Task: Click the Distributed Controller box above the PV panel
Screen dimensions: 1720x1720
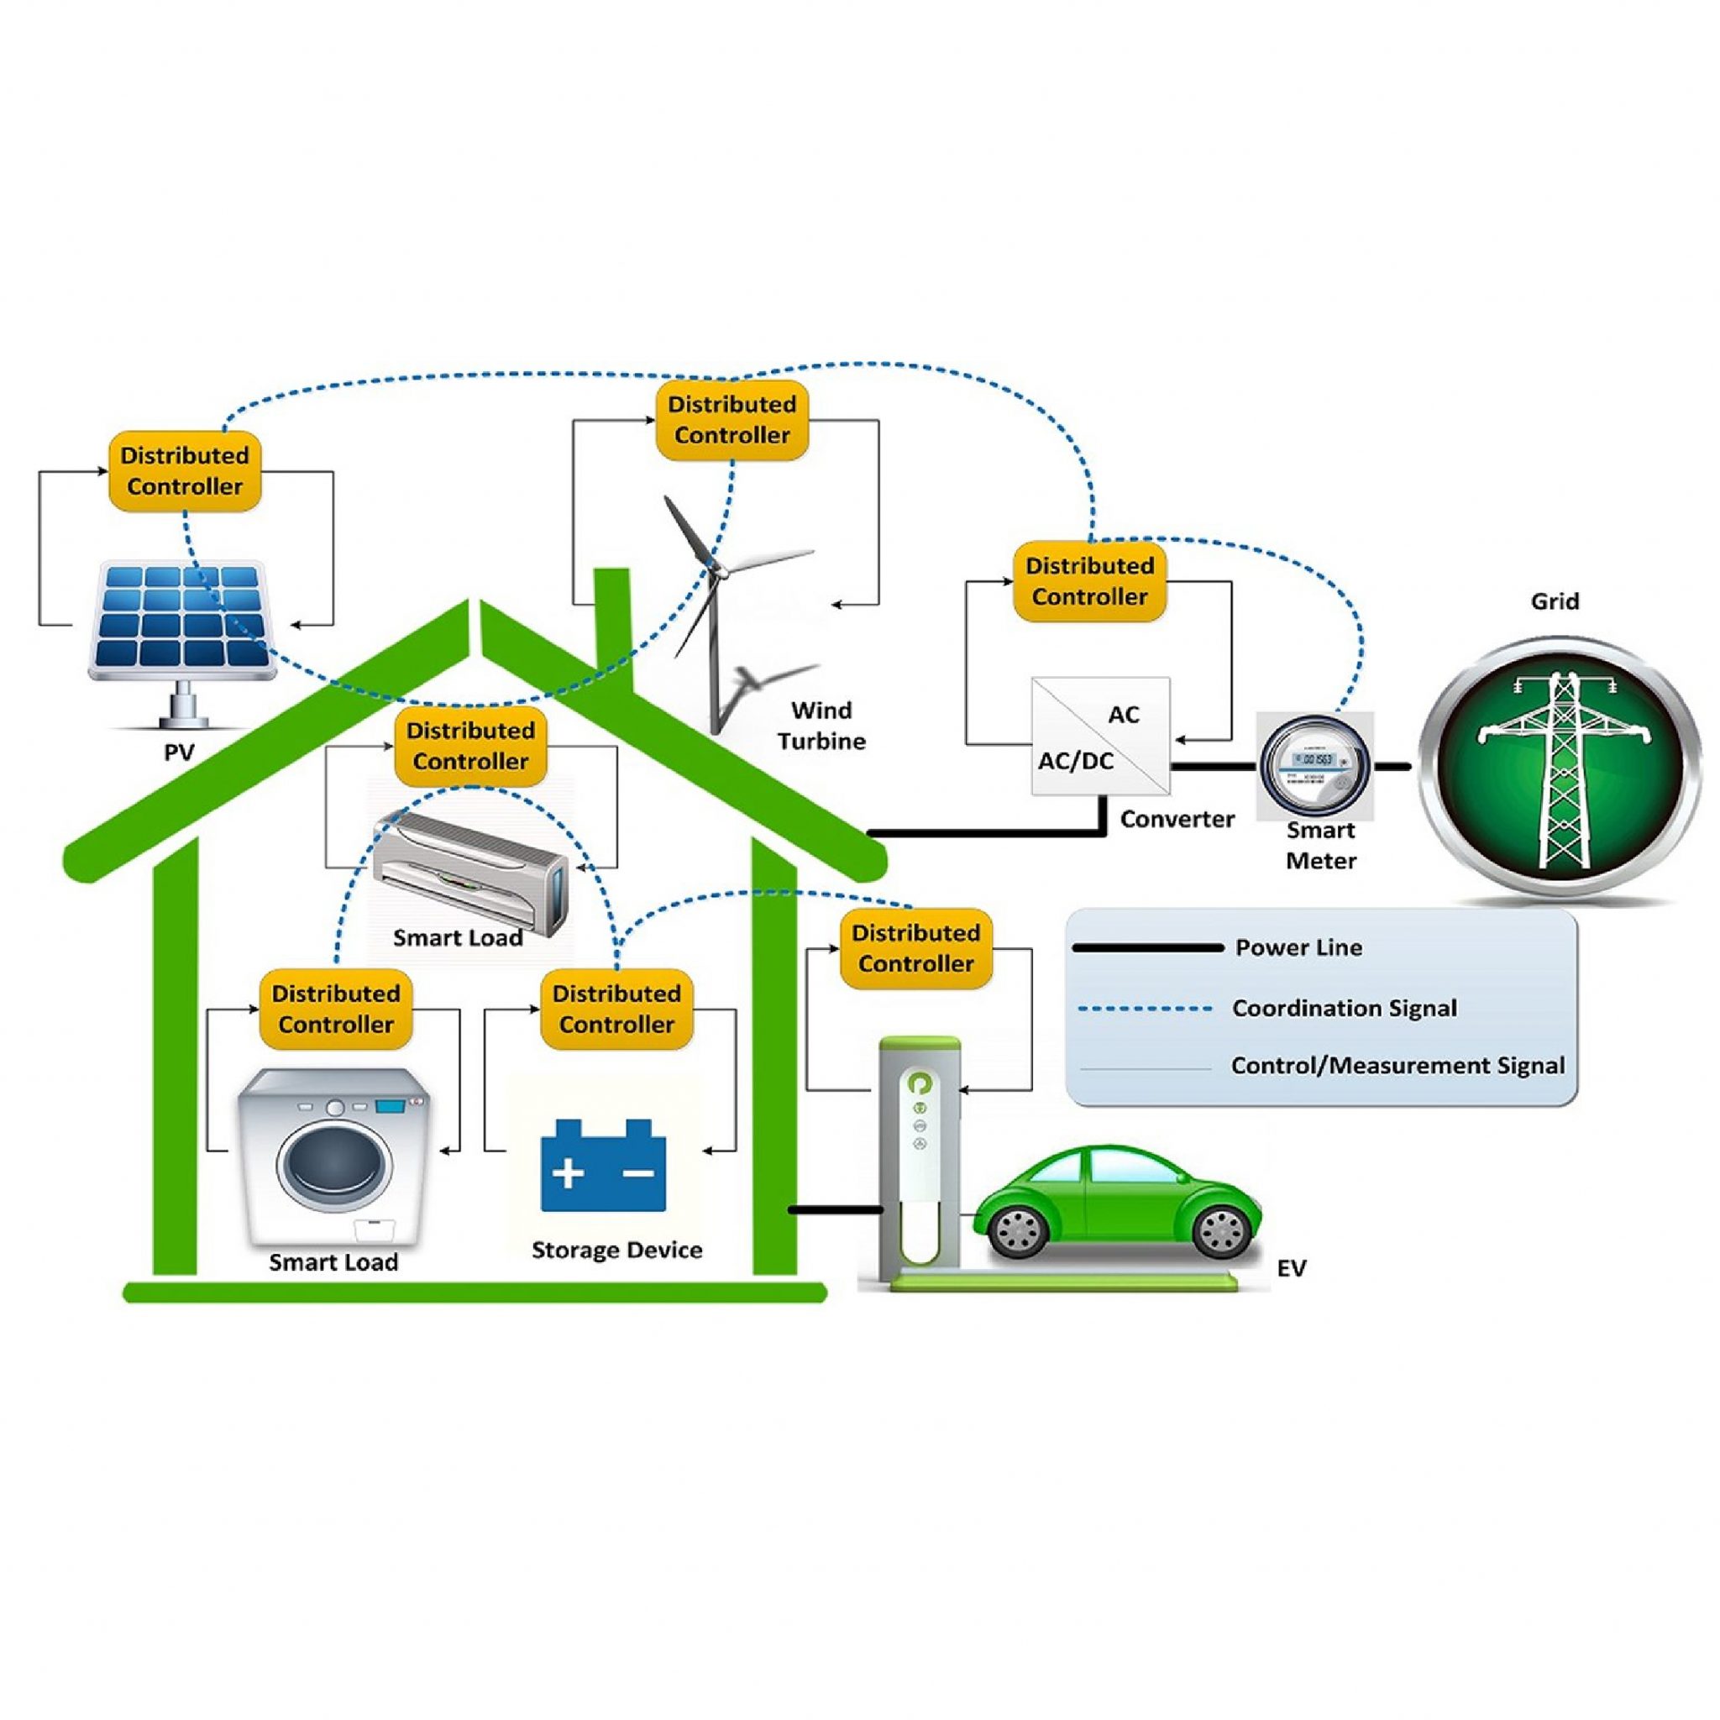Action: click(x=185, y=471)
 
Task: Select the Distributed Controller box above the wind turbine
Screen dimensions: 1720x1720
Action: click(x=732, y=420)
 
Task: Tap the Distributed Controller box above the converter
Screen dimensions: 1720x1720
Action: click(x=1089, y=581)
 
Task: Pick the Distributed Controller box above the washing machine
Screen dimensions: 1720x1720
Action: click(x=336, y=1009)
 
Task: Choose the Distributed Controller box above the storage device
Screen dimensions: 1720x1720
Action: click(x=616, y=1009)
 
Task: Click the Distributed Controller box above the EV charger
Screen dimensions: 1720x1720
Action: click(x=916, y=949)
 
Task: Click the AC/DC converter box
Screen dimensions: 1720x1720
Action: click(x=1100, y=736)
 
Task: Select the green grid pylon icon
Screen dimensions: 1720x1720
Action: click(x=1555, y=768)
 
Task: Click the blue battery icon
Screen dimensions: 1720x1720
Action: click(x=603, y=1166)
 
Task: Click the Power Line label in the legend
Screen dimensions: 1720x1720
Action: click(x=1298, y=947)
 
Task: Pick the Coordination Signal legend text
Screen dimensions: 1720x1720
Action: click(x=1345, y=1008)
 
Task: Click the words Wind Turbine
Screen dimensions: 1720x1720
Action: click(x=821, y=726)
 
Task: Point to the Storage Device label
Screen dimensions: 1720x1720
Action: click(x=616, y=1250)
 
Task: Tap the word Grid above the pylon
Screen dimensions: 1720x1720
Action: click(x=1555, y=601)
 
